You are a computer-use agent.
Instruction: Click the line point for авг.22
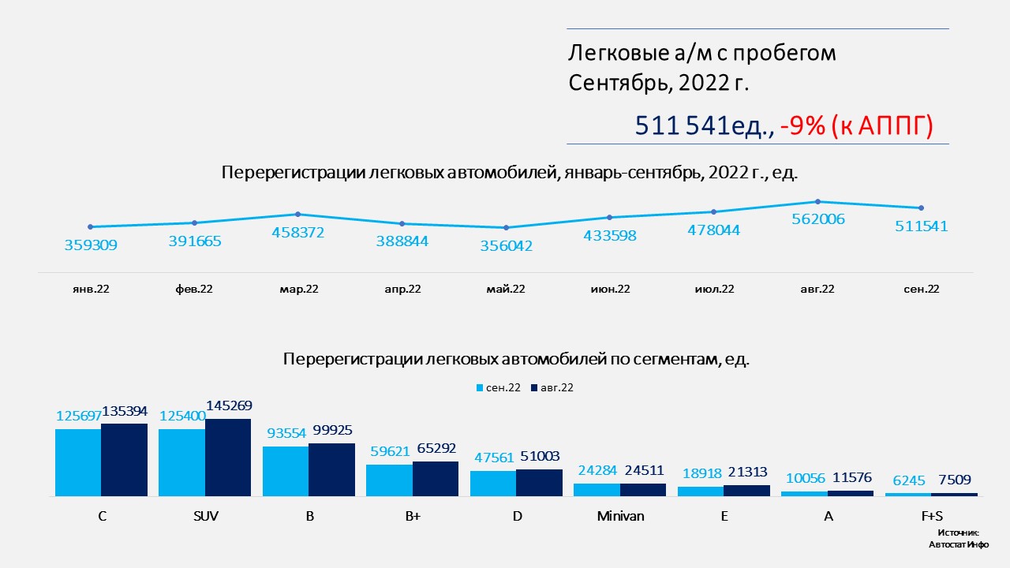(817, 201)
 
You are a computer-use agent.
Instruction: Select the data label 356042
(506, 246)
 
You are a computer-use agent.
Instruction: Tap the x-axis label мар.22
(298, 289)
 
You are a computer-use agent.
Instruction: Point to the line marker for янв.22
(91, 226)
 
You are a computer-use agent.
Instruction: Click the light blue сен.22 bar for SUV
(181, 462)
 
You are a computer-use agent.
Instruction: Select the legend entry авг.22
(552, 387)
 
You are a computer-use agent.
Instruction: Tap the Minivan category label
(620, 517)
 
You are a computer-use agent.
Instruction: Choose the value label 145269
(229, 405)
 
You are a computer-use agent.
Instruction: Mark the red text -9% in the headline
(802, 125)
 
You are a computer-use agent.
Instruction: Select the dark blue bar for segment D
(540, 483)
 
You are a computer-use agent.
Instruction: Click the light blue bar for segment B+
(390, 480)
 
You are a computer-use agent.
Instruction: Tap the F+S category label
(931, 517)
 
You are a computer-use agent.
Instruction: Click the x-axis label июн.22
(610, 289)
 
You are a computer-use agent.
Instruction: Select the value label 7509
(954, 480)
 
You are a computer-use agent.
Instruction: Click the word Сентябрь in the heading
(619, 82)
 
